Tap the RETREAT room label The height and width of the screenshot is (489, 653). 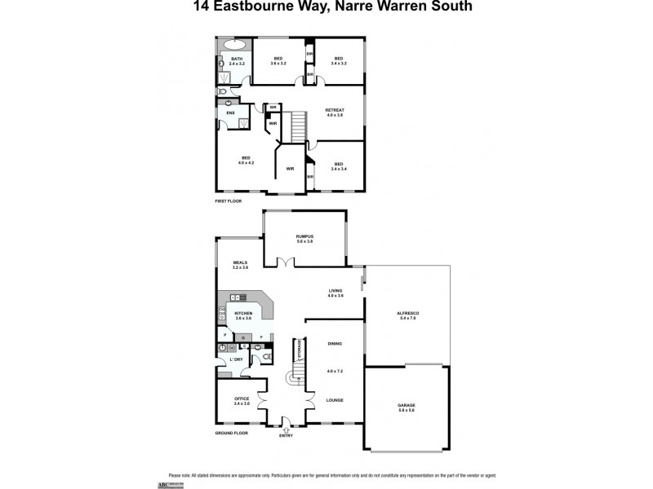[335, 112]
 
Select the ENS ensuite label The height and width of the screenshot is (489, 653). [230, 112]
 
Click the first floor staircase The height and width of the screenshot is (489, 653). [298, 126]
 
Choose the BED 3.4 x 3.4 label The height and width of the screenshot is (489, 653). [339, 167]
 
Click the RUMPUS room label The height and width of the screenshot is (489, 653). [304, 239]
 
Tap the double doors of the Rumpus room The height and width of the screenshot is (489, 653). [285, 262]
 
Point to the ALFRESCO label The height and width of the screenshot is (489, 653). [406, 315]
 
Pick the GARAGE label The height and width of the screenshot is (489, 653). [406, 407]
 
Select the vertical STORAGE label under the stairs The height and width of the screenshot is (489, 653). [300, 350]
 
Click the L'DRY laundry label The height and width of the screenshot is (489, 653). [237, 359]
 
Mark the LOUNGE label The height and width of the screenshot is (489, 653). [335, 400]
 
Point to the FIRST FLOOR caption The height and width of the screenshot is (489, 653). [228, 200]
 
